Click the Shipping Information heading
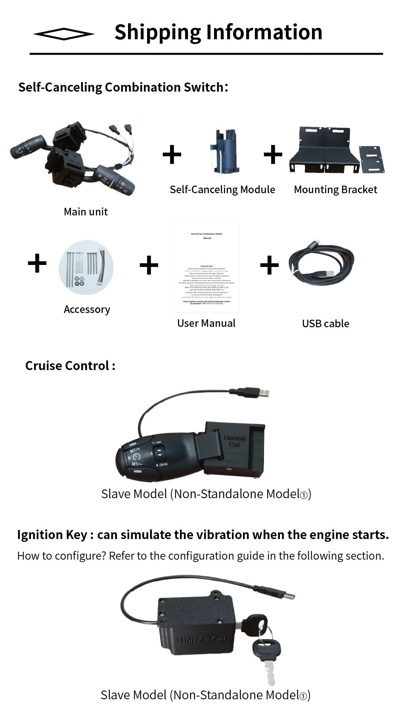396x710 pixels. pyautogui.click(x=218, y=32)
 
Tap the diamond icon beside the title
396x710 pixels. pyautogui.click(x=63, y=34)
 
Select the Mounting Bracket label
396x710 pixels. pyautogui.click(x=335, y=190)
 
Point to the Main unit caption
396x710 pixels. pyautogui.click(x=86, y=212)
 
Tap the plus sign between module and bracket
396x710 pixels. pyautogui.click(x=273, y=154)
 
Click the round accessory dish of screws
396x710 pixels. pyautogui.click(x=86, y=267)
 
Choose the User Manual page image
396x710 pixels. pyautogui.click(x=207, y=266)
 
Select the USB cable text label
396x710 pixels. pyautogui.click(x=325, y=324)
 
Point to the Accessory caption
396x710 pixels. pyautogui.click(x=87, y=309)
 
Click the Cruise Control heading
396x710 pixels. pyautogui.click(x=70, y=366)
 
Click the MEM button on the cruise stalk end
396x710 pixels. pyautogui.click(x=137, y=471)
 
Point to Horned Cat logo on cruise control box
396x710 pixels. pyautogui.click(x=235, y=441)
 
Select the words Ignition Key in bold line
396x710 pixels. pyautogui.click(x=52, y=535)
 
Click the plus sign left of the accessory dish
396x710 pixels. pyautogui.click(x=37, y=263)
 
